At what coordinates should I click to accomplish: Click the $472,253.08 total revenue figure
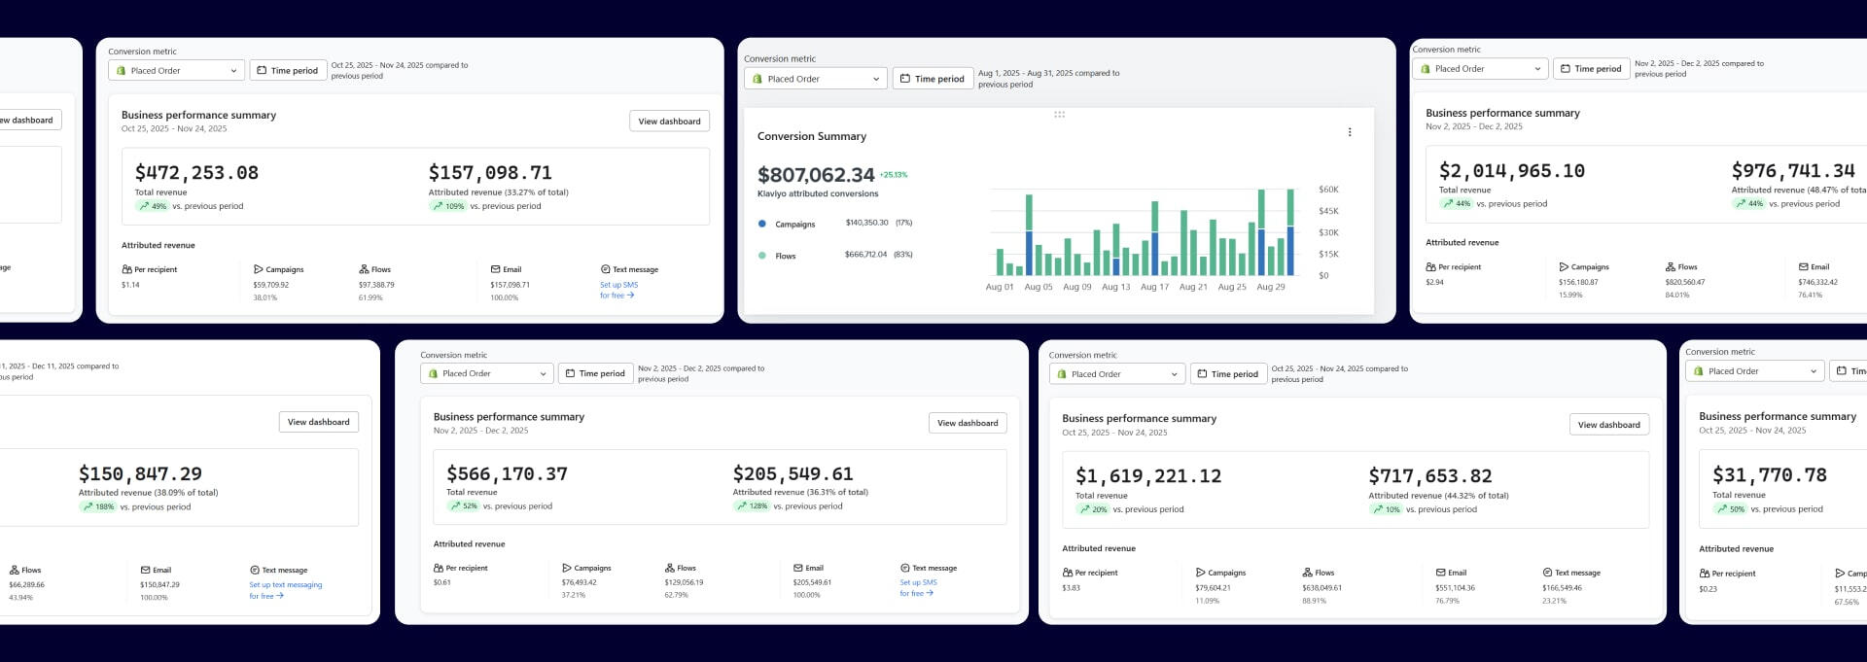pyautogui.click(x=196, y=173)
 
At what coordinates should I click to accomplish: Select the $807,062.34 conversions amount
pyautogui.click(x=816, y=175)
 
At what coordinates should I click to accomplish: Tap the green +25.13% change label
pyautogui.click(x=893, y=175)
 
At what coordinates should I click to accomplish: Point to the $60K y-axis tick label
pyautogui.click(x=1328, y=190)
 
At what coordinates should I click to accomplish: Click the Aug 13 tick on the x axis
pyautogui.click(x=1115, y=287)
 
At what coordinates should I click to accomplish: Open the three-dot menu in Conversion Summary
pyautogui.click(x=1349, y=132)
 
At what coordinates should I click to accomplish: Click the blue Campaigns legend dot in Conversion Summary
pyautogui.click(x=761, y=224)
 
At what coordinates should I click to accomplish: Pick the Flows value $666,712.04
pyautogui.click(x=865, y=255)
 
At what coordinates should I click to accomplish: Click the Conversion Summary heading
pyautogui.click(x=811, y=136)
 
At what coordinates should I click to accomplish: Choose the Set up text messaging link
pyautogui.click(x=285, y=585)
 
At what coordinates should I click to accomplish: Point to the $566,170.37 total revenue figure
pyautogui.click(x=507, y=474)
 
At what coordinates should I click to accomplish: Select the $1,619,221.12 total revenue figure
pyautogui.click(x=1147, y=476)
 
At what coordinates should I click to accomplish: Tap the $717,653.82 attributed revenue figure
pyautogui.click(x=1429, y=476)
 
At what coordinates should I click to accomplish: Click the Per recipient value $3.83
pyautogui.click(x=1071, y=587)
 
